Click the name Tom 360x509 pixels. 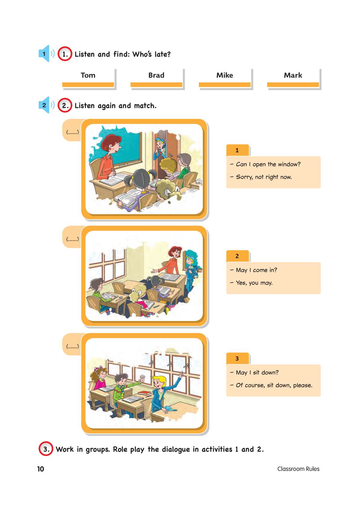click(88, 75)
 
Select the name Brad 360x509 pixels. click(156, 75)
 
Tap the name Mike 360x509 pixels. click(225, 75)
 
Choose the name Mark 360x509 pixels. click(293, 75)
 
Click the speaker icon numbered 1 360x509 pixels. click(46, 53)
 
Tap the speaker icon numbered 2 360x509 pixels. click(46, 105)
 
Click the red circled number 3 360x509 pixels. click(46, 449)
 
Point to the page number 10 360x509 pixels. click(41, 469)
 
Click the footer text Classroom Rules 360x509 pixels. click(298, 469)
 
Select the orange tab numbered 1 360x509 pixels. click(238, 150)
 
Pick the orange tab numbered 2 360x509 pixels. click(238, 256)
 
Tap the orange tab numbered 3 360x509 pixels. click(238, 358)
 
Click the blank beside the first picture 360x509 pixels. click(73, 132)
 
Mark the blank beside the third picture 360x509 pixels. click(73, 346)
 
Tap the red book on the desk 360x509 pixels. click(144, 393)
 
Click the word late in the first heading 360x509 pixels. click(163, 54)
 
